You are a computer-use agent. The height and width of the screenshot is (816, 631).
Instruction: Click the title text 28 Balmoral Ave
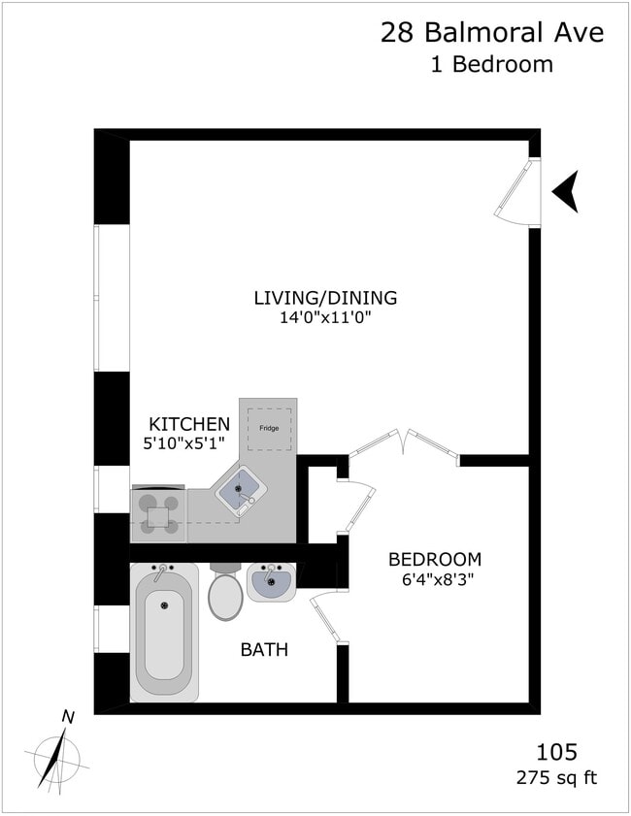pyautogui.click(x=492, y=32)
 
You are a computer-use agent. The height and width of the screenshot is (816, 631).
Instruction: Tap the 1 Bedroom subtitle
pyautogui.click(x=491, y=65)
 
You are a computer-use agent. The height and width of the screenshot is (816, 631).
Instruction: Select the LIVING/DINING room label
pyautogui.click(x=325, y=298)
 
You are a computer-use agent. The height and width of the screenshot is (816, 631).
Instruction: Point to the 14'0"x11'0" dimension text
pyautogui.click(x=327, y=317)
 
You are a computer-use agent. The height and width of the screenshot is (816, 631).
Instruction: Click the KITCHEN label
pyautogui.click(x=189, y=424)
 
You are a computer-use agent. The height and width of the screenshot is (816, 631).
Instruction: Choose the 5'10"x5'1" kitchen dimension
pyautogui.click(x=183, y=443)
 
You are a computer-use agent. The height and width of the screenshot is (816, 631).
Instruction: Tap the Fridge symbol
pyautogui.click(x=269, y=429)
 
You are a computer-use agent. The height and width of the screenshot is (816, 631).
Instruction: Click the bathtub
pyautogui.click(x=164, y=632)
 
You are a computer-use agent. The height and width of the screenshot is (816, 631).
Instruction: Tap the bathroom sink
pyautogui.click(x=271, y=582)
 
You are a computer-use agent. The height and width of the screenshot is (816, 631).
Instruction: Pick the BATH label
pyautogui.click(x=264, y=649)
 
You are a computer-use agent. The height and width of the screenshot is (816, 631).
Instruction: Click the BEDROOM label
pyautogui.click(x=435, y=560)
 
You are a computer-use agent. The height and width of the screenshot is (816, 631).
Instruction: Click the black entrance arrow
pyautogui.click(x=566, y=191)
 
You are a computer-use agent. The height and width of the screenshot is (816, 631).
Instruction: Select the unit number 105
pyautogui.click(x=556, y=752)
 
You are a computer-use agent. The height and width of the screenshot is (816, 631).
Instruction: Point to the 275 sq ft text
pyautogui.click(x=556, y=778)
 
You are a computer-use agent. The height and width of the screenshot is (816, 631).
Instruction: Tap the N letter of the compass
pyautogui.click(x=68, y=717)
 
